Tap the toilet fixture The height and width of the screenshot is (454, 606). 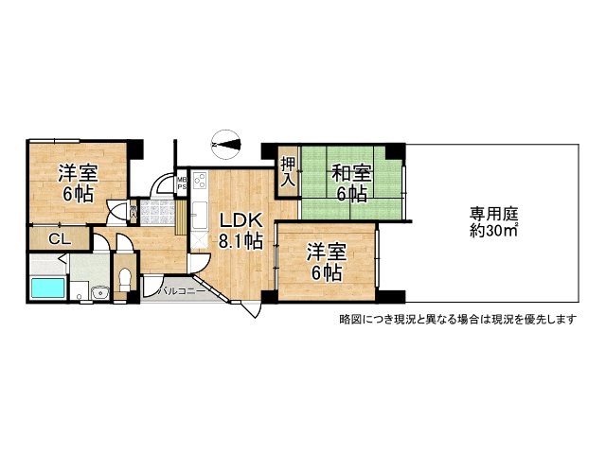(123, 281)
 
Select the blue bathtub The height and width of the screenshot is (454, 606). (45, 288)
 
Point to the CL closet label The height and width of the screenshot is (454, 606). (57, 239)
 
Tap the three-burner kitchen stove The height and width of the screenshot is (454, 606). (200, 180)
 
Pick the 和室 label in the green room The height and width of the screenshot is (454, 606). (351, 183)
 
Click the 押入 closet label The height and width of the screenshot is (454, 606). (288, 173)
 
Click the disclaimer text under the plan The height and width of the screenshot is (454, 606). (457, 319)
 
